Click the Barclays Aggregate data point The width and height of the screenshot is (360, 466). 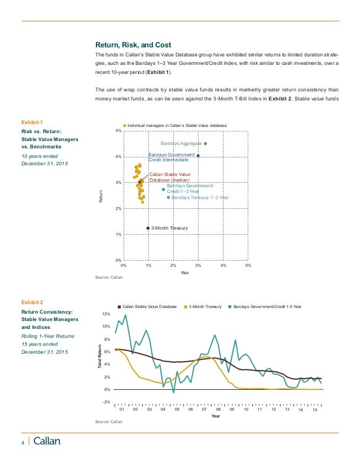coord(205,143)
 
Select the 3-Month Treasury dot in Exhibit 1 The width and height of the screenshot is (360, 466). coord(148,228)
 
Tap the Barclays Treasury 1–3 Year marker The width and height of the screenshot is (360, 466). coord(168,197)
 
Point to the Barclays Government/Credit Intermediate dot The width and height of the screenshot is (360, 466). coord(198,155)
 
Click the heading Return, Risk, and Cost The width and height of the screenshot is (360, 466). coord(133,45)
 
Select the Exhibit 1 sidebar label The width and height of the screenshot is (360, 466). coord(32,121)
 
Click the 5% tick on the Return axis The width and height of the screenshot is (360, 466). coord(118,131)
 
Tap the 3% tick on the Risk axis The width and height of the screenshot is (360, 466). coord(198,265)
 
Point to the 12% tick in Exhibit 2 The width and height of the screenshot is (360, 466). coord(106,314)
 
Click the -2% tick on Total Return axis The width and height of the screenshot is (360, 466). coord(107,402)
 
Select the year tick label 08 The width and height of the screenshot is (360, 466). coord(218,409)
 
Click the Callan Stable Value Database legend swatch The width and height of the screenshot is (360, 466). coord(119,306)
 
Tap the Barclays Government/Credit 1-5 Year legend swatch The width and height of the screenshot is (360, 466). coord(230,306)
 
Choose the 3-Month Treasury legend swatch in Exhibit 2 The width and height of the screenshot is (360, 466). coord(187,306)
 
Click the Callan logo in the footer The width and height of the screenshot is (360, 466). coord(47,442)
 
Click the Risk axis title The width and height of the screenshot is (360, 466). coord(184,272)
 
